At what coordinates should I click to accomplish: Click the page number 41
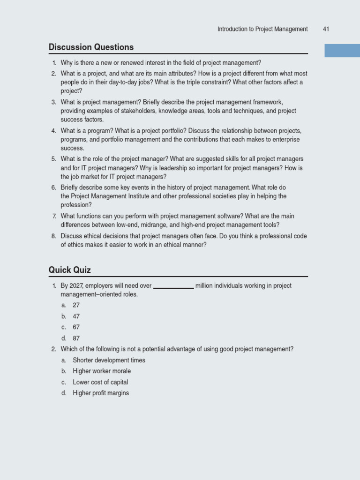326,29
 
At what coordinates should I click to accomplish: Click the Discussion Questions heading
91,47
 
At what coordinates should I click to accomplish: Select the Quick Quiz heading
70,270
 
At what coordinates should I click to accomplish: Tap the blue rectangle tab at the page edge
342,51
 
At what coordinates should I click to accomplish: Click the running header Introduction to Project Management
262,29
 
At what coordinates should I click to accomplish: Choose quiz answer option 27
76,305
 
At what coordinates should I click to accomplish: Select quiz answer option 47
76,316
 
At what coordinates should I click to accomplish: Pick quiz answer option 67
76,327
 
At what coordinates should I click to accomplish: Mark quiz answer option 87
76,338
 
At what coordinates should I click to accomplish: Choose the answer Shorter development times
109,360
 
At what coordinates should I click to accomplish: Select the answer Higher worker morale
102,371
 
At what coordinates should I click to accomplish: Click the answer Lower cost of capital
100,382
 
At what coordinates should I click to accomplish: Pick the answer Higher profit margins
101,393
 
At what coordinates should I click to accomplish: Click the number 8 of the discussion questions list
53,236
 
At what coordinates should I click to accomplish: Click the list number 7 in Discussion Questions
54,216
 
